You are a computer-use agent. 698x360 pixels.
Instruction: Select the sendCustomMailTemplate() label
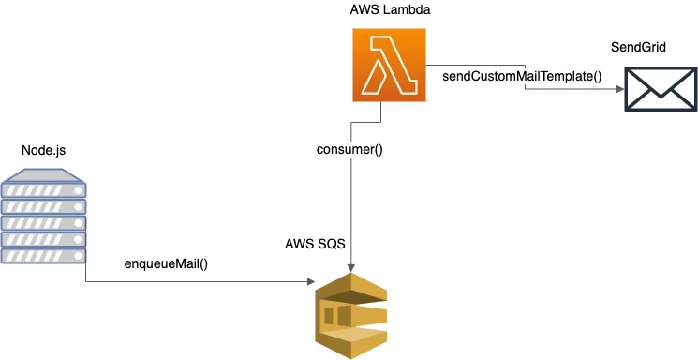pyautogui.click(x=523, y=75)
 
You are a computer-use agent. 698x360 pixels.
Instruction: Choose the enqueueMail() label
pyautogui.click(x=166, y=264)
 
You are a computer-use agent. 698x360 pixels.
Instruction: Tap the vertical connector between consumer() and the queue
pyautogui.click(x=349, y=206)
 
